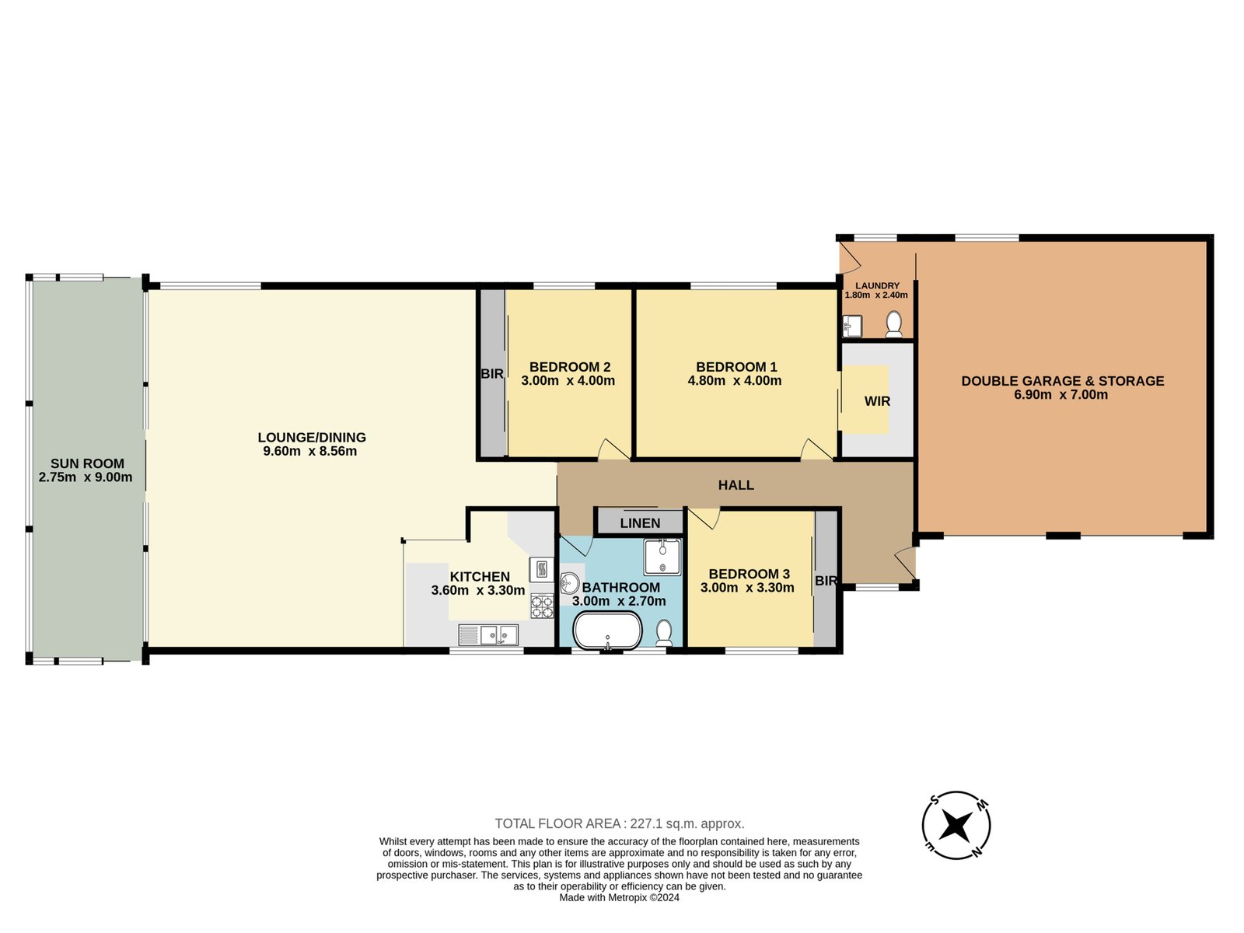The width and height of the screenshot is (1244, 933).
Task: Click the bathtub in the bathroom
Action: (x=607, y=630)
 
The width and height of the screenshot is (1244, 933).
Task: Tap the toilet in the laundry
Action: (x=894, y=323)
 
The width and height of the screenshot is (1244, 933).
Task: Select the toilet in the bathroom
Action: (x=664, y=633)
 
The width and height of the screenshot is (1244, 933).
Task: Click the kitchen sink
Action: (x=488, y=635)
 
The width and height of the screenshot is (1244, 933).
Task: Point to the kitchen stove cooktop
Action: (x=542, y=606)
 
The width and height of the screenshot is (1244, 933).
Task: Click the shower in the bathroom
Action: (x=662, y=557)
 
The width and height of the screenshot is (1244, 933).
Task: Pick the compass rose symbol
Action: (x=956, y=825)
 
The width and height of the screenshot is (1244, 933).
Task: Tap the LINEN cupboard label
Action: (x=640, y=523)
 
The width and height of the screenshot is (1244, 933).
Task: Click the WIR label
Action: (x=877, y=401)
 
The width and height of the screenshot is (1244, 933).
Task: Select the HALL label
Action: (x=736, y=485)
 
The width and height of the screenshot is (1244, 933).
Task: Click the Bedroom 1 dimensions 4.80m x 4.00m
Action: (x=735, y=381)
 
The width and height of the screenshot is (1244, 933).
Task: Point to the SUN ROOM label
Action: (x=87, y=463)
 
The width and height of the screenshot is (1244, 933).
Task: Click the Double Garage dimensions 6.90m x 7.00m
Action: (x=1061, y=394)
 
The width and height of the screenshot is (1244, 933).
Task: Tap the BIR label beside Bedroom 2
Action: (x=491, y=374)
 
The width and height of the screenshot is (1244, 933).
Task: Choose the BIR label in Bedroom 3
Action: (x=826, y=581)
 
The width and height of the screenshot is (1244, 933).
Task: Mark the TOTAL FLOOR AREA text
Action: (x=620, y=823)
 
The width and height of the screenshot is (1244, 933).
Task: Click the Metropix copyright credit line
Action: (x=620, y=897)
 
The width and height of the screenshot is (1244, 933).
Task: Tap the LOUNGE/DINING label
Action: (x=311, y=438)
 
